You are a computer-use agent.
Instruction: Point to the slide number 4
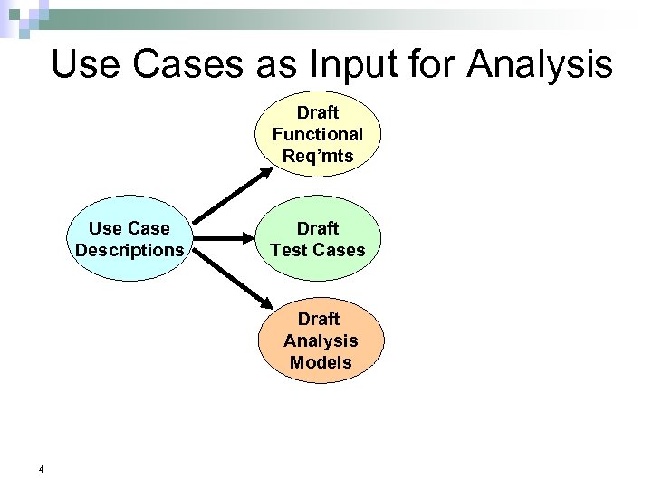[42, 469]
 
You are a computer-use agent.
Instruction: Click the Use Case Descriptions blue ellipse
[129, 239]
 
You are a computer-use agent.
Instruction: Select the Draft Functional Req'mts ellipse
[317, 134]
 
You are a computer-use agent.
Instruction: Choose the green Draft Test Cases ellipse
[317, 239]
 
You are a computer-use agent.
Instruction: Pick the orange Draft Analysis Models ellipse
[320, 340]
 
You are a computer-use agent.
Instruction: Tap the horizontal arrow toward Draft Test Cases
[225, 239]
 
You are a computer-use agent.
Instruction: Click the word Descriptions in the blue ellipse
[129, 249]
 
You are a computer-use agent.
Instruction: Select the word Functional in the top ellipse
[317, 134]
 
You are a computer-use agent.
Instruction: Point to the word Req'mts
[317, 155]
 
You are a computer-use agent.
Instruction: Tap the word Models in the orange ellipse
[320, 362]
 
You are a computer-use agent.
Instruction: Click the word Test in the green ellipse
[290, 249]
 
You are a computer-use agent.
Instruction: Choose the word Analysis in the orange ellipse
[320, 340]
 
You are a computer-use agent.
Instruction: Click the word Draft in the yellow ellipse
[317, 113]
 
